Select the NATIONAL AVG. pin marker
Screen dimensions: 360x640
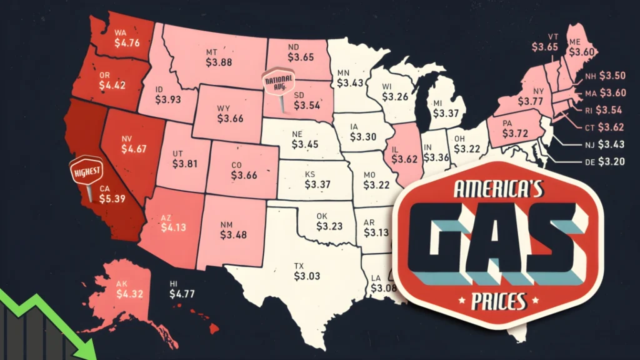276,84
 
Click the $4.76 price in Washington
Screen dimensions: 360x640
127,44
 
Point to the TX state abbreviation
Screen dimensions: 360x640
299,266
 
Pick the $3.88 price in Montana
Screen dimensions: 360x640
219,62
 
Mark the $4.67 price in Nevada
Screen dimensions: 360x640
131,149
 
